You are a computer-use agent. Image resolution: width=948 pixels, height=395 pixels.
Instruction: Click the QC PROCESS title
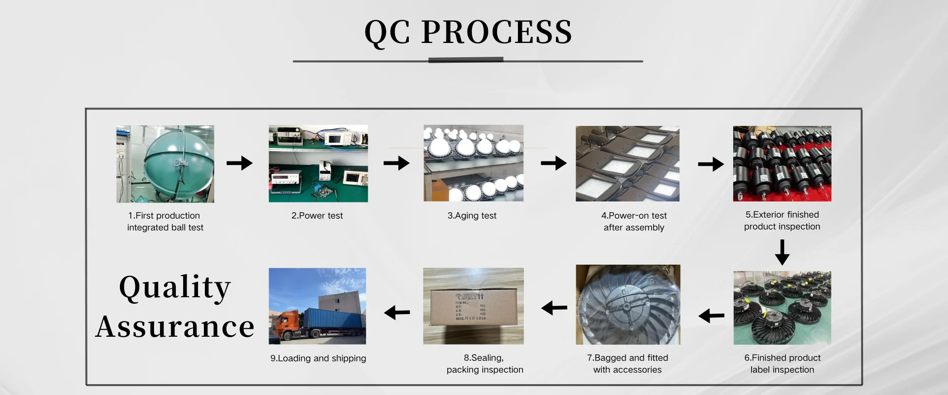click(x=468, y=33)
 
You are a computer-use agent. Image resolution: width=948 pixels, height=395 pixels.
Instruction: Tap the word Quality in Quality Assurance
click(x=175, y=287)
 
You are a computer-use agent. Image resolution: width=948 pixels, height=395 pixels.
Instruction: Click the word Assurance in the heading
click(x=175, y=327)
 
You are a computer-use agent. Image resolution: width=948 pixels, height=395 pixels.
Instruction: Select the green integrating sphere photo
click(x=165, y=164)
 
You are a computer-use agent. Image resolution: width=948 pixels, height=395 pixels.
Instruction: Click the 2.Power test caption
click(x=317, y=216)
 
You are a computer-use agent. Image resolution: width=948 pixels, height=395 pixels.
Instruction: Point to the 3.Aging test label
click(x=472, y=216)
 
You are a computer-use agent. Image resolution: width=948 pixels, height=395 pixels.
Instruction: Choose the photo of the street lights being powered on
click(x=628, y=163)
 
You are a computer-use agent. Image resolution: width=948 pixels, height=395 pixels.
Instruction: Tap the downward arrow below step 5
click(x=782, y=252)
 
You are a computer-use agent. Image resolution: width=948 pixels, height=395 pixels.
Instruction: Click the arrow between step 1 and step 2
click(x=239, y=163)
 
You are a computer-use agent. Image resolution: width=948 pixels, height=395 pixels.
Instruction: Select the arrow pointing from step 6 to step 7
click(x=711, y=316)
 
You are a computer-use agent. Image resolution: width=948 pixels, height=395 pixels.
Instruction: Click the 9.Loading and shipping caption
click(x=318, y=358)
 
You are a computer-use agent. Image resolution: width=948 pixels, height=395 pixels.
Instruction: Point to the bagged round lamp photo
click(x=628, y=305)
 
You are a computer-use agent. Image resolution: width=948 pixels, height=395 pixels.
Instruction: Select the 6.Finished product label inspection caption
click(x=782, y=364)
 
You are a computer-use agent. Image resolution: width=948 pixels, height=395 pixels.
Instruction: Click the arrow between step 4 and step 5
click(x=711, y=164)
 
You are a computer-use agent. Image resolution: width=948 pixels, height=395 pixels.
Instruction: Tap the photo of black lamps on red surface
click(x=782, y=163)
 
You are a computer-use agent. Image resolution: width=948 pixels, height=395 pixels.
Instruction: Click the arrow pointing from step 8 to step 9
click(x=397, y=313)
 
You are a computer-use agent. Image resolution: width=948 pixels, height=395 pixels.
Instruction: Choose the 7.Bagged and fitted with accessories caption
click(x=628, y=364)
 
